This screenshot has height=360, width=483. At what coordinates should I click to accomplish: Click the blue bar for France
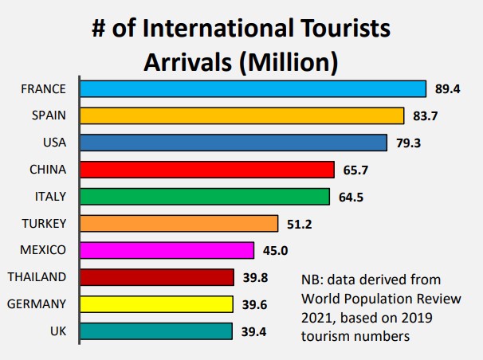point(253,88)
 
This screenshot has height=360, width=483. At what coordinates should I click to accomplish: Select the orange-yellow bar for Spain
point(242,115)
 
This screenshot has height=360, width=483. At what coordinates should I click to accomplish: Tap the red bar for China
point(207,170)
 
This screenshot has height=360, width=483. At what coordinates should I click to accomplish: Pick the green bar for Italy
point(205,196)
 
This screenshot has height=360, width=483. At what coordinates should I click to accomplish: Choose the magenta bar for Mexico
point(167,250)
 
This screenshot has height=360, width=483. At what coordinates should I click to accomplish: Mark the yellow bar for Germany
point(157,304)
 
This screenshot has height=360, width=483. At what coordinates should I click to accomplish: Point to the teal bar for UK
point(156,331)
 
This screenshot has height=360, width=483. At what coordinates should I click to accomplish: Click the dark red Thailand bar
point(157,277)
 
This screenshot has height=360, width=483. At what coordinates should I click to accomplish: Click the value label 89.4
point(447,88)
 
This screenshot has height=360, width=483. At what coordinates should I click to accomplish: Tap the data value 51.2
point(299,224)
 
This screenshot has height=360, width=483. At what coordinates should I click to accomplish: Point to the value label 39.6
point(254,304)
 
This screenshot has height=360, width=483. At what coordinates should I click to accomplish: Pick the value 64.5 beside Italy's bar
point(351,197)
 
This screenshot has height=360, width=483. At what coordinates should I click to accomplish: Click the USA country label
point(52,143)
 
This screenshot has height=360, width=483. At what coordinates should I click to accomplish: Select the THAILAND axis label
point(37,277)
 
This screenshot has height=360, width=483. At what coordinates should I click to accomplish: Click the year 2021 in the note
point(317,317)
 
